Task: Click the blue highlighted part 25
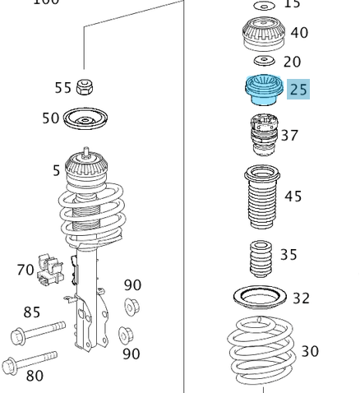click(264, 90)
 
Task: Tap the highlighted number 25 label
click(298, 89)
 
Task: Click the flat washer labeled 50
click(86, 119)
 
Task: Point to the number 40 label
click(299, 33)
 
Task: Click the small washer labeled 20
click(263, 61)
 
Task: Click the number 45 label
click(293, 196)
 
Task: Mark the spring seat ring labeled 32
click(261, 298)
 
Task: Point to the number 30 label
click(309, 351)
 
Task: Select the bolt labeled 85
click(37, 333)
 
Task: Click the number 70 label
click(25, 269)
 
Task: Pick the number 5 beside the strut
click(57, 170)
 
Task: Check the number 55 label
click(63, 87)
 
